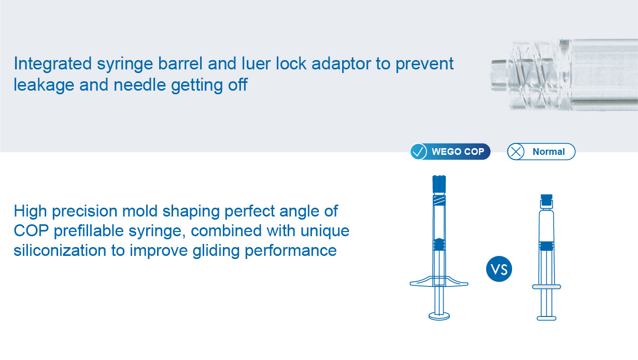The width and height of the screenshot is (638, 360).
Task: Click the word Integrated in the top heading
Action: coord(53,64)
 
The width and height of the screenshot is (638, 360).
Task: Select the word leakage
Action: coord(44,85)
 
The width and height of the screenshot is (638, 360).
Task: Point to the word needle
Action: coord(139,85)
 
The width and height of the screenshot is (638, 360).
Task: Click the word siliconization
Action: coord(60,250)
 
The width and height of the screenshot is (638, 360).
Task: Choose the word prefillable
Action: coord(88,231)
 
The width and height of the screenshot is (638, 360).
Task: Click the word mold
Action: coord(140,211)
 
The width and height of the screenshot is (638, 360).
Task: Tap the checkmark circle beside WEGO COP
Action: coord(418,151)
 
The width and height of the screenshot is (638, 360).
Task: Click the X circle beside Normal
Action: coord(516,152)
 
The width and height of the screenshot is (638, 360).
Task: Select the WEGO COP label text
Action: coord(458,151)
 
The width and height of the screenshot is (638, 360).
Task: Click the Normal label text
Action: coord(548,152)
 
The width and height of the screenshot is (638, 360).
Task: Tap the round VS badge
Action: coord(499,269)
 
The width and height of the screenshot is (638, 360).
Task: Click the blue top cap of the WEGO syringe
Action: coord(439,184)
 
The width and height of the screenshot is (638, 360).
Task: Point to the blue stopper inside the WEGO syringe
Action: coord(439,244)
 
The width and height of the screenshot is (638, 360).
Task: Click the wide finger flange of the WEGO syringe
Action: coord(439,281)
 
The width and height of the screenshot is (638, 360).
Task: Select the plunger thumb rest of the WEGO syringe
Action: coord(439,316)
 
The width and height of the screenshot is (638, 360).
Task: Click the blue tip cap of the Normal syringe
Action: coord(547,199)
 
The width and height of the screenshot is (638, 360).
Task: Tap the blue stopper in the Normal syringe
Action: coord(547,246)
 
